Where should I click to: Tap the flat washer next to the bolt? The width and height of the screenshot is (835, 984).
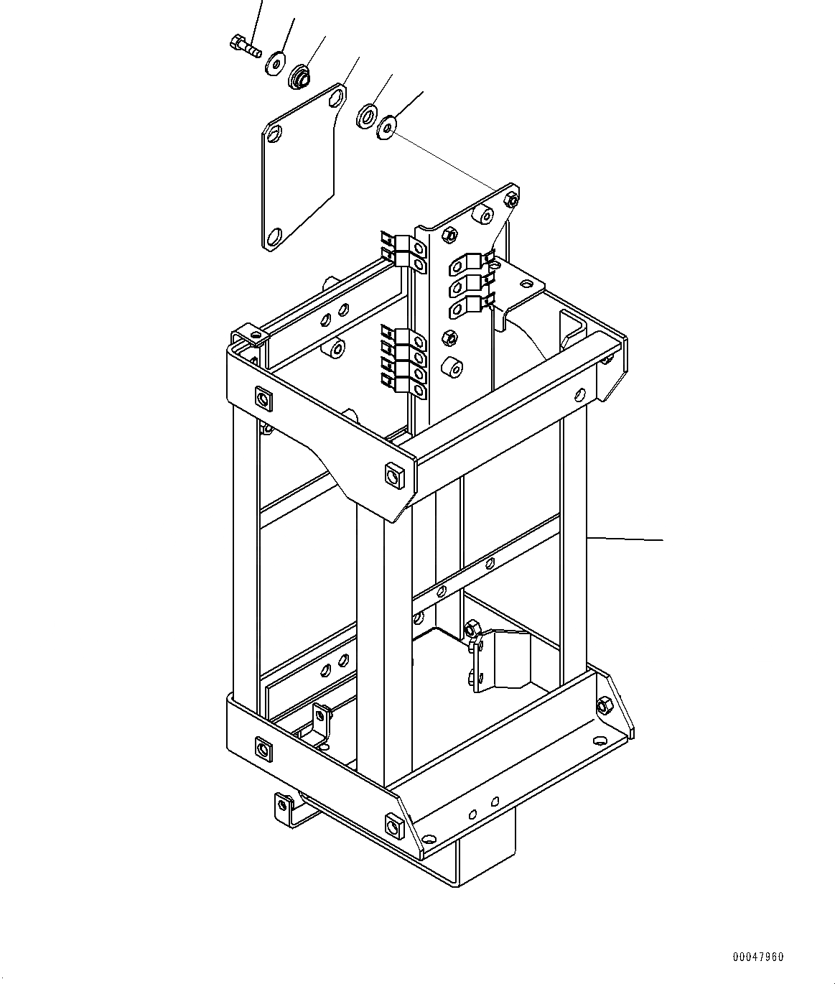pyautogui.click(x=275, y=64)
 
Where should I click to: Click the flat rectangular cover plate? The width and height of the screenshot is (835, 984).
pyautogui.click(x=304, y=167)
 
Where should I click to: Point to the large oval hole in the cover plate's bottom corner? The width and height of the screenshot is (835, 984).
pyautogui.click(x=274, y=236)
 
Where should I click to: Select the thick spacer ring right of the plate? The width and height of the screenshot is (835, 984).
pyautogui.click(x=367, y=115)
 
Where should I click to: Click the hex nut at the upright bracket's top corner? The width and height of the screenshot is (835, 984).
pyautogui.click(x=511, y=200)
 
